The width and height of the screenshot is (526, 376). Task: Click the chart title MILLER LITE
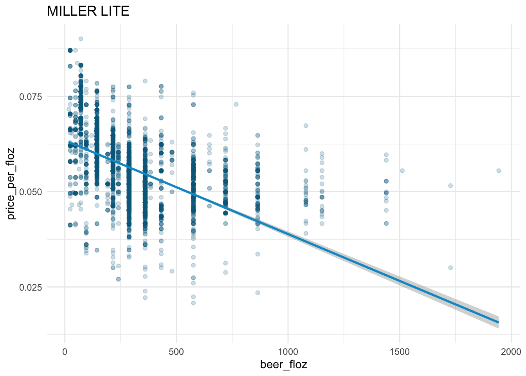coord(88,11)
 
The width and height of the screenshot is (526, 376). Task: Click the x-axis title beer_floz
coord(284,365)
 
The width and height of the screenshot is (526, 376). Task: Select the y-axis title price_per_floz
coord(12,183)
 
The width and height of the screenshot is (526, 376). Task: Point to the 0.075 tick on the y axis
coord(31,97)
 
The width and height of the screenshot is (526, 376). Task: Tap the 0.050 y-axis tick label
coord(31,192)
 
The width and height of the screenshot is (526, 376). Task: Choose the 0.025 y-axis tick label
coord(31,287)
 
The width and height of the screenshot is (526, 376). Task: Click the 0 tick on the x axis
coord(65,351)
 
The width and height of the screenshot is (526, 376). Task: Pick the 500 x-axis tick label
coord(177,351)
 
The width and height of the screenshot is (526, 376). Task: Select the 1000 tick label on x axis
coord(288,351)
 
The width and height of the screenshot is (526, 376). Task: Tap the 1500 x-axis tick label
coord(400,351)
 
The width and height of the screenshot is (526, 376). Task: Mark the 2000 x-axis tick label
coord(511,351)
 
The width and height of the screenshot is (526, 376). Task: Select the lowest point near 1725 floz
coord(450,268)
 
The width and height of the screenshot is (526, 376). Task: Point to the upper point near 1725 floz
coord(450,186)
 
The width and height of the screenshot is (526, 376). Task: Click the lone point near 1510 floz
coord(402,171)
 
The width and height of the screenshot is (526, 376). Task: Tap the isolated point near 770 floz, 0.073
coord(236,104)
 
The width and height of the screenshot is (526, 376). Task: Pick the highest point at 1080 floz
coord(306,126)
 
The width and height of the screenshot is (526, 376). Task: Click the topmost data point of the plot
coord(81,39)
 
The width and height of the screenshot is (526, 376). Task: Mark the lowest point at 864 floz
coord(258,293)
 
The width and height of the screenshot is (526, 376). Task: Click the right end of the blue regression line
coord(498,322)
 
